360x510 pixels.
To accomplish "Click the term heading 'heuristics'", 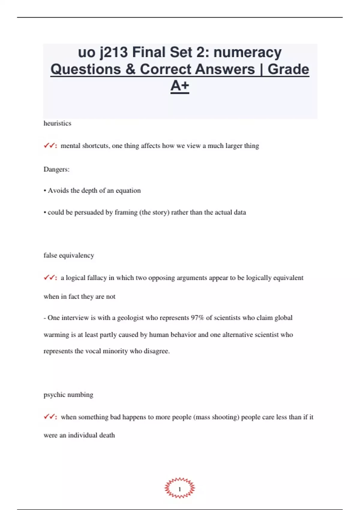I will point(57,123).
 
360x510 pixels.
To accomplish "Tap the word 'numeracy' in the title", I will point(247,52).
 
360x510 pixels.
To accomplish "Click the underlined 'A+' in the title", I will point(180,86).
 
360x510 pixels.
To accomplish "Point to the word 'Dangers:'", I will point(56,169).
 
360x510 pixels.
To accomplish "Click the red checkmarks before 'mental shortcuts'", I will point(50,146).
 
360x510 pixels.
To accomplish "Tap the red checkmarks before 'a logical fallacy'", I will point(50,278).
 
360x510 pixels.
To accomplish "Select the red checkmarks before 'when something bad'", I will point(50,417).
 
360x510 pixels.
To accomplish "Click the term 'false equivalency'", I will point(69,255).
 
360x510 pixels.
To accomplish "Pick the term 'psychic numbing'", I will point(68,394).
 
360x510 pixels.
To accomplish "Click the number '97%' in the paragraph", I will point(197,318).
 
